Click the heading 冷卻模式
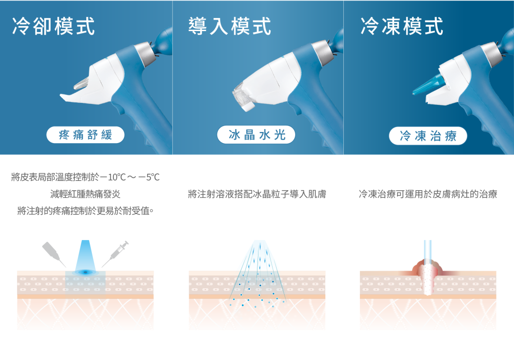(x=53, y=26)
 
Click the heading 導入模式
(x=229, y=26)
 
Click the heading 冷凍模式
(x=402, y=26)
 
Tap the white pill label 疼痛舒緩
(x=85, y=135)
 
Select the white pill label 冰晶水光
(x=256, y=135)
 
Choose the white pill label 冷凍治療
(x=428, y=136)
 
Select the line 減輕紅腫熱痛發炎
(x=85, y=194)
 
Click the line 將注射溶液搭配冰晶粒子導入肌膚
(x=257, y=194)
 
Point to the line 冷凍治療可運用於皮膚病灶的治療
(x=428, y=194)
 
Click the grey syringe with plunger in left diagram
(x=115, y=254)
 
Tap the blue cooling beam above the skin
(x=85, y=255)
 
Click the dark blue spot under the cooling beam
(x=85, y=272)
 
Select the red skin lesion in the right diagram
(x=428, y=269)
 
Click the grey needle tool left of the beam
(x=54, y=254)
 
